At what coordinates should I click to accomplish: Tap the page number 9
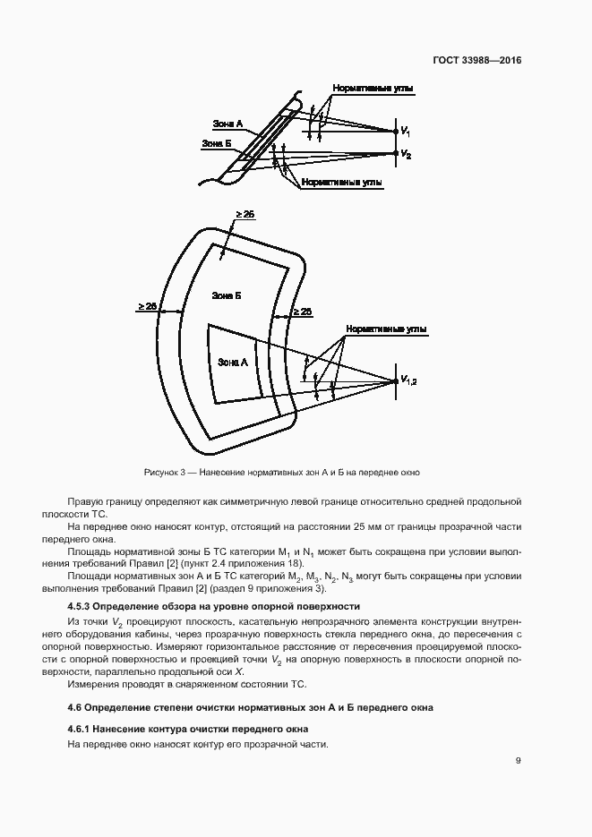pos(518,761)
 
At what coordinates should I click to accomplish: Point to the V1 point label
pos(407,131)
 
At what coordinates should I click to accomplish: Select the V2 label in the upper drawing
pos(407,155)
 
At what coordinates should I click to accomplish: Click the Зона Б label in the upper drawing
pos(217,143)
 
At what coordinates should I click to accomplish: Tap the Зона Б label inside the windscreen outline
pos(226,295)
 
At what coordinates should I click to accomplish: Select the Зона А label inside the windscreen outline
pos(232,362)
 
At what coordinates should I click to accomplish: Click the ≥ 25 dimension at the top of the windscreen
pos(245,214)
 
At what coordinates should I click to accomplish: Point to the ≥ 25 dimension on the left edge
pos(147,306)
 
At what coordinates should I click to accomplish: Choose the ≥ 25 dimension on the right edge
pos(302,312)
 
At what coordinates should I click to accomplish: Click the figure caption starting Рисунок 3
pos(281,472)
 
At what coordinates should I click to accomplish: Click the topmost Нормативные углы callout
pos(361,90)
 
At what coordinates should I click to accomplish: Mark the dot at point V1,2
pos(395,381)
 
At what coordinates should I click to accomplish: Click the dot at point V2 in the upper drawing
pos(395,153)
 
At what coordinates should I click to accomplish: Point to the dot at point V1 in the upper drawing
pos(395,131)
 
